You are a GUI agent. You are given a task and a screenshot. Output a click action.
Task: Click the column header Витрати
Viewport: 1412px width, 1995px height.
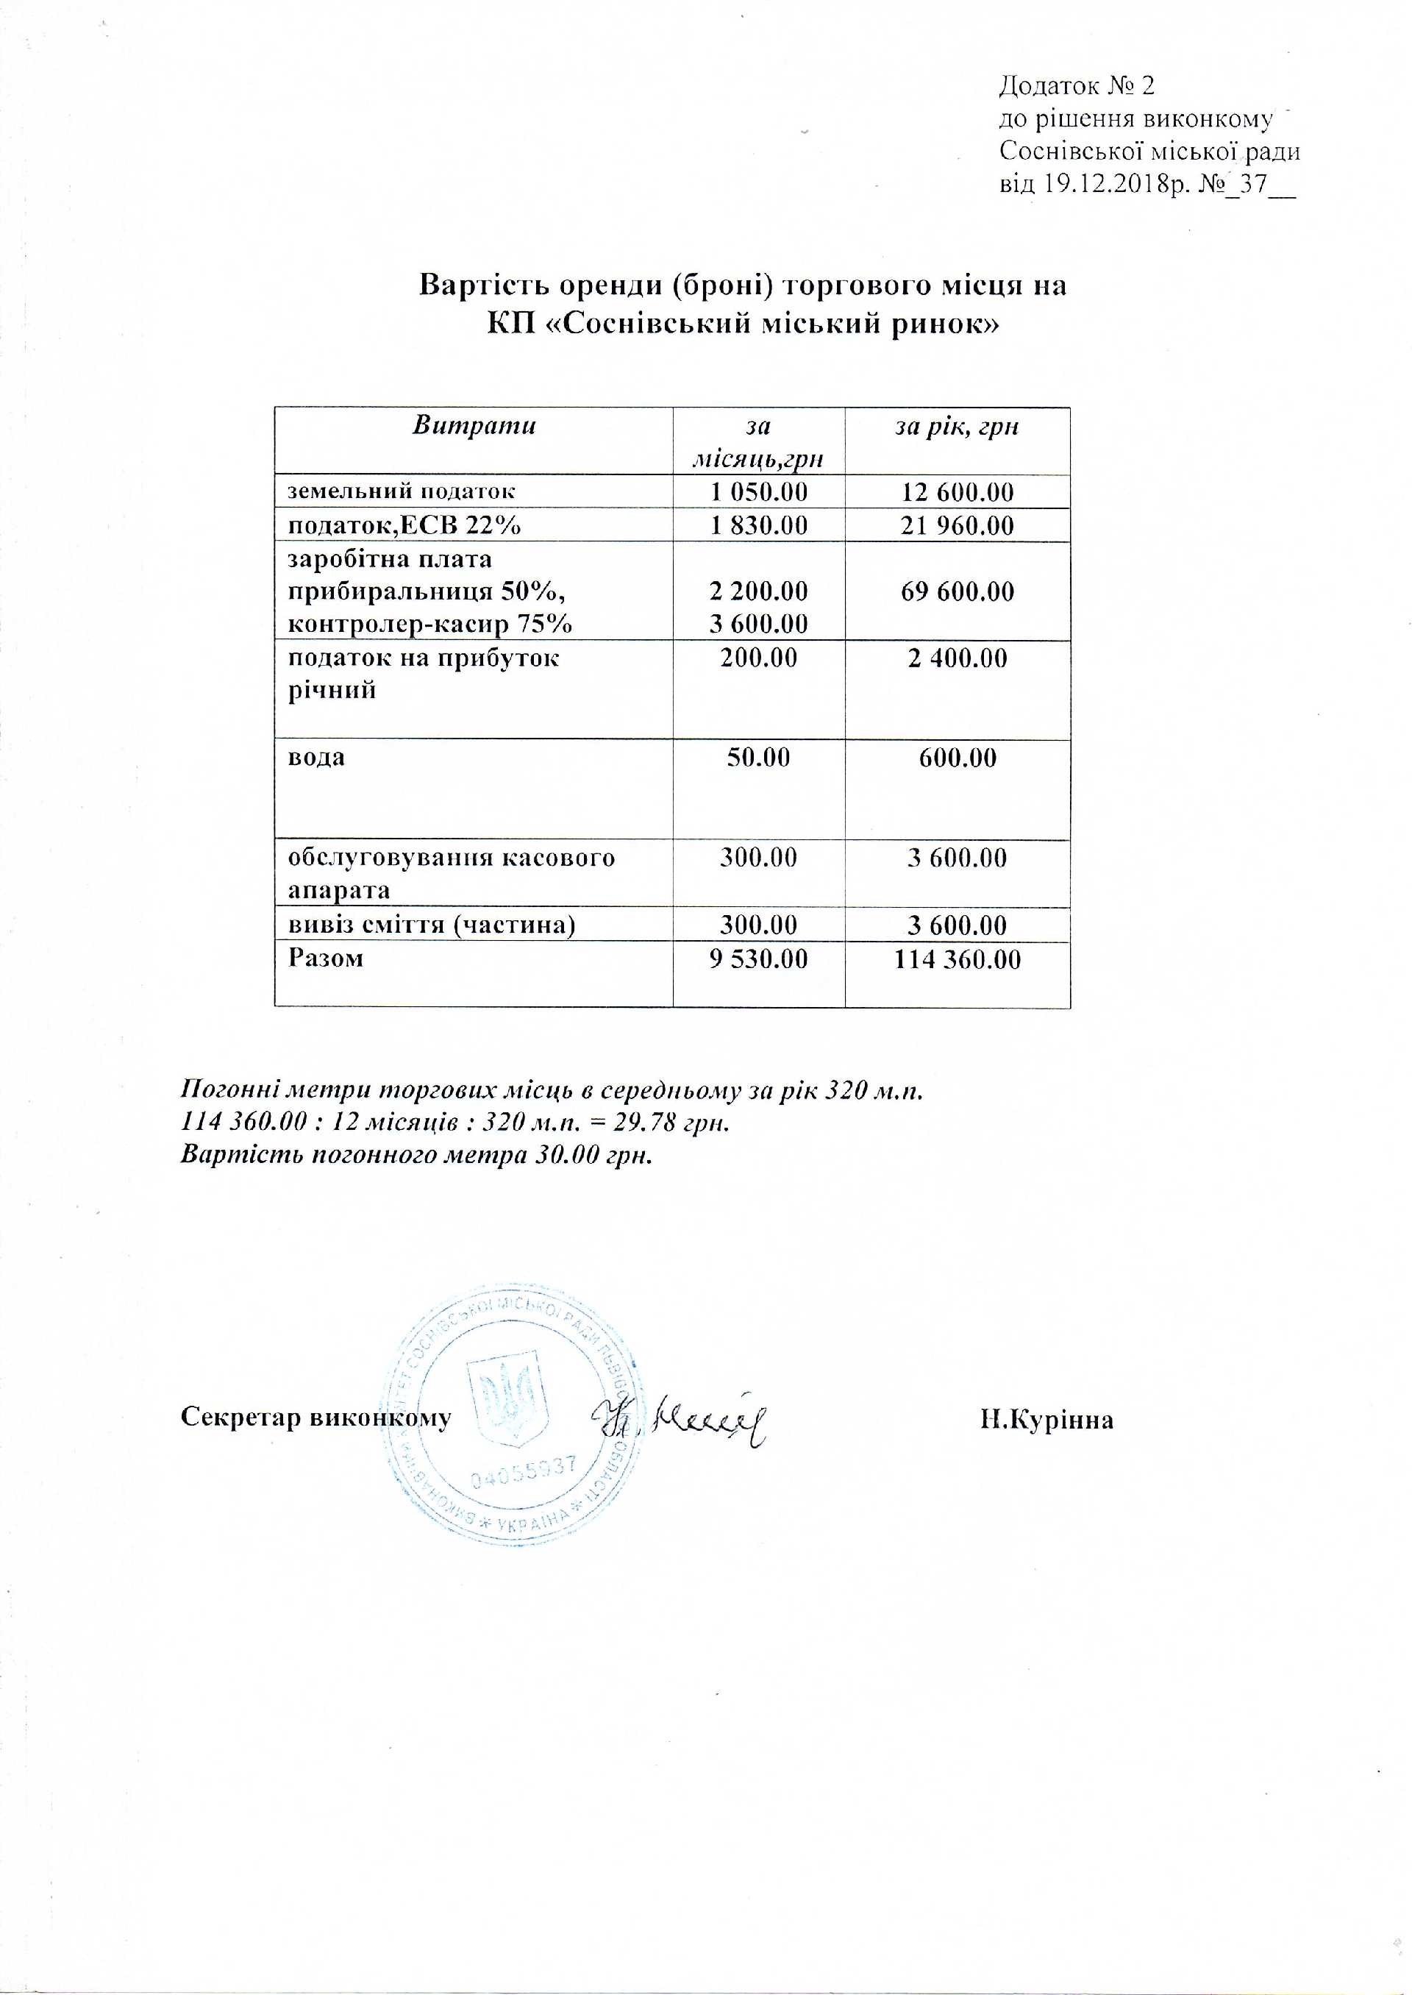pos(474,425)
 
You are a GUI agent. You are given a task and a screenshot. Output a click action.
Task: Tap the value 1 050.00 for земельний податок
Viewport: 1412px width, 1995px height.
pos(758,492)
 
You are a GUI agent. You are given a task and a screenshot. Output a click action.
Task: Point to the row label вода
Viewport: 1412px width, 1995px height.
pos(316,757)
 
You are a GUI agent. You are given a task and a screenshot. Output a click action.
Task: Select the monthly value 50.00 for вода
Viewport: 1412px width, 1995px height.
pos(758,758)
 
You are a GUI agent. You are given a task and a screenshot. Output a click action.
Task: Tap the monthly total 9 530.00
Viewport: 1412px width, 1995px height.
pos(758,959)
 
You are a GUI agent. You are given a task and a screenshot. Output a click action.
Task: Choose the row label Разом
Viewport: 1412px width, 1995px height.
pos(325,959)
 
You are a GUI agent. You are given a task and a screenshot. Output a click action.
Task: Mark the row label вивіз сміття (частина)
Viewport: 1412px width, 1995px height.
pos(431,925)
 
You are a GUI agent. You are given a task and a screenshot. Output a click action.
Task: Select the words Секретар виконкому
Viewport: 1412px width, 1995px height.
pos(315,1418)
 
